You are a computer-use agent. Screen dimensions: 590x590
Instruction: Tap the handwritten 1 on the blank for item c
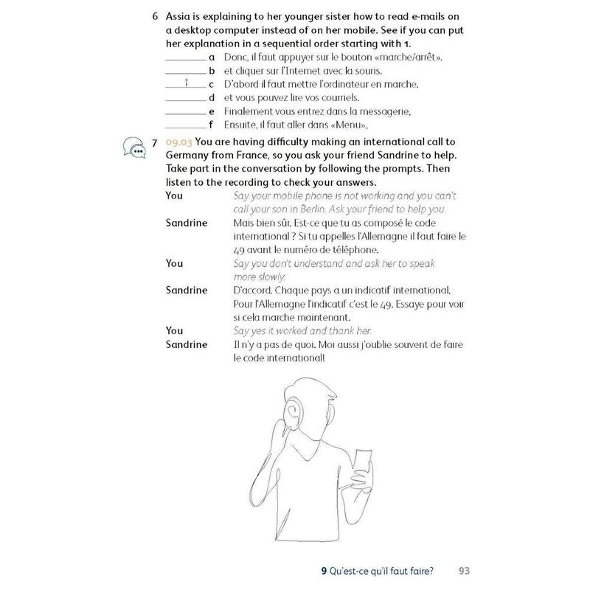click(x=187, y=83)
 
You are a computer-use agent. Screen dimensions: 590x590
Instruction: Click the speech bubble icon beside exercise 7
click(x=134, y=147)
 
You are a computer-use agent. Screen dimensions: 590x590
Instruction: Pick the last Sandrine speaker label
click(x=186, y=344)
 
